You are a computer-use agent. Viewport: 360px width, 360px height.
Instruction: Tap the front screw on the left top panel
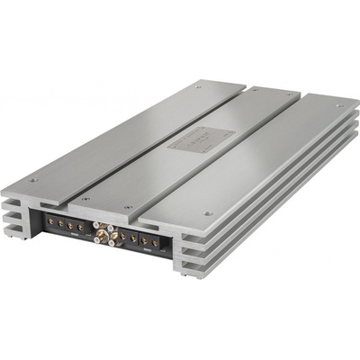[x=33, y=179]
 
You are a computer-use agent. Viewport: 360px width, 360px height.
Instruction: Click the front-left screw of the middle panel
[x=85, y=198]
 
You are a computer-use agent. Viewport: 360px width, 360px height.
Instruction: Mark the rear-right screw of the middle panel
[x=290, y=95]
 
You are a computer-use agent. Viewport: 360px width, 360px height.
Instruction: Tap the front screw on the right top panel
[x=208, y=213]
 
